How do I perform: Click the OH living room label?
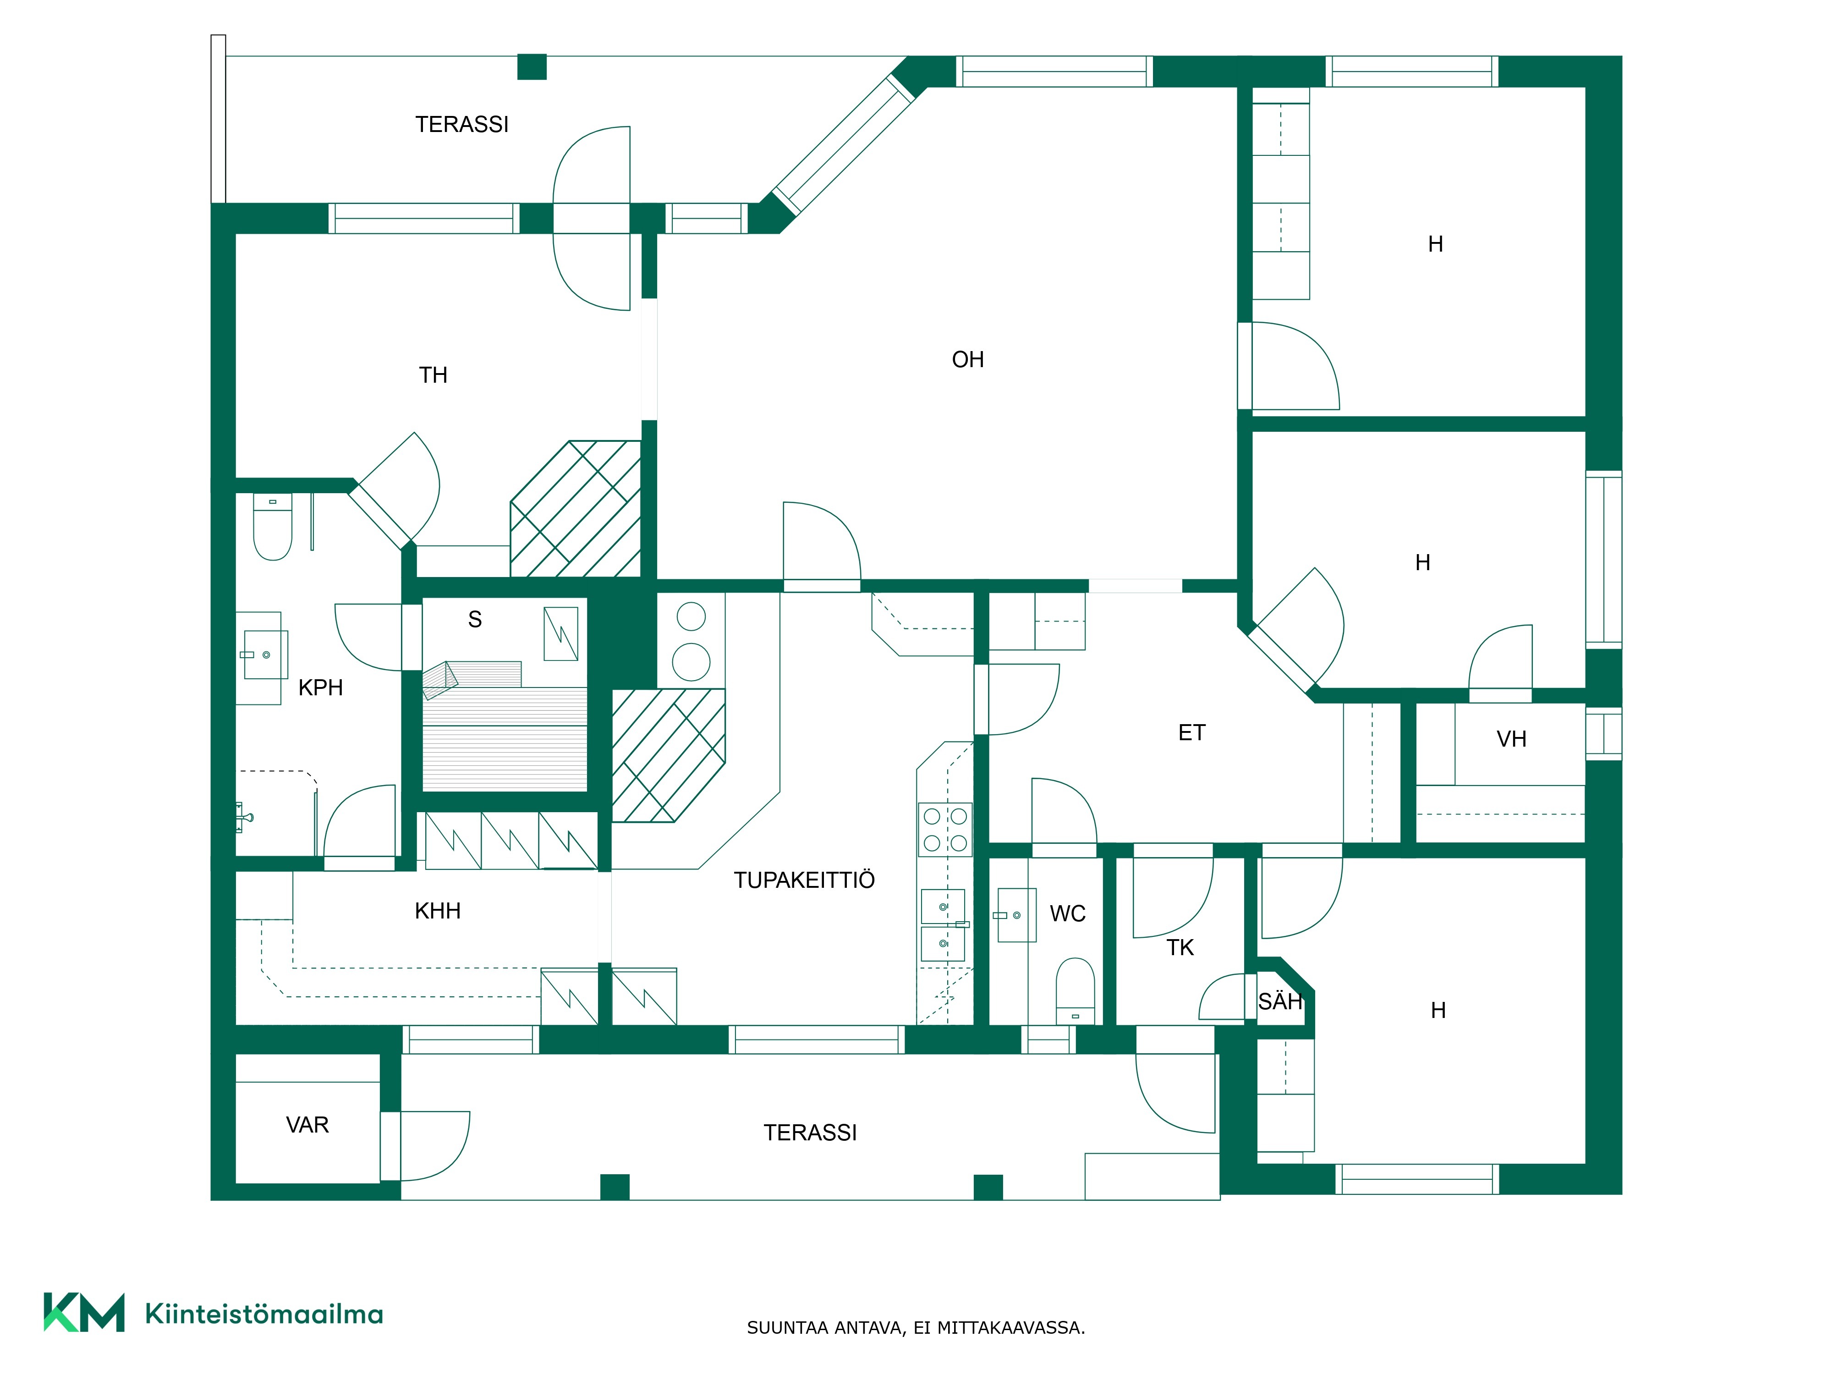coord(968,360)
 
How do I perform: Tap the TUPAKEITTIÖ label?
coord(804,880)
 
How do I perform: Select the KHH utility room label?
coord(438,911)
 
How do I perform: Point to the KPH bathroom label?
coord(321,687)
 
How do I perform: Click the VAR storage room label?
coord(307,1125)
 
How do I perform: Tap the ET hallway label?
coord(1191,733)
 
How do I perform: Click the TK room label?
coord(1180,947)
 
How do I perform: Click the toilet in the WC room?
coord(1075,990)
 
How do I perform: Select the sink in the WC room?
coord(1016,915)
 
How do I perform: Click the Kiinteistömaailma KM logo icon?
coord(84,1312)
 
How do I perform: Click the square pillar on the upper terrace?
coord(532,67)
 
